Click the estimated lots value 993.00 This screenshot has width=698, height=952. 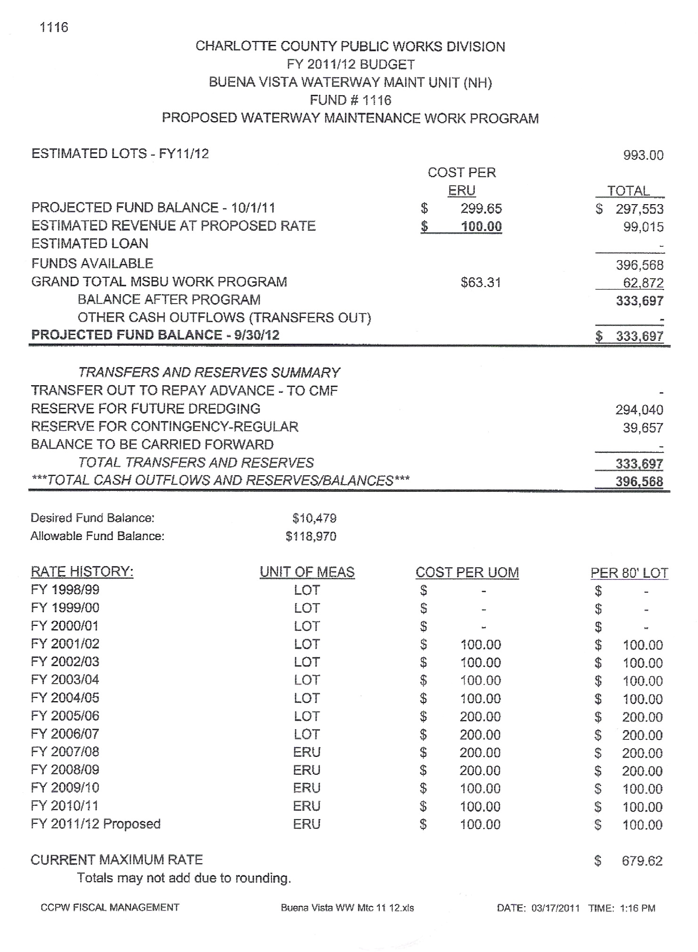[x=643, y=156]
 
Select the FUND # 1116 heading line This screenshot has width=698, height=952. [x=350, y=100]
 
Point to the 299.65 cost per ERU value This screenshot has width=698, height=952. [x=481, y=208]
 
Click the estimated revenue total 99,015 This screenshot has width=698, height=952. [x=643, y=227]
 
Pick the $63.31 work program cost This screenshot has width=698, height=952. [x=480, y=282]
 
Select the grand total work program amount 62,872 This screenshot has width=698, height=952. [x=643, y=283]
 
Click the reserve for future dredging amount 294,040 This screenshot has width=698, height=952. [x=639, y=410]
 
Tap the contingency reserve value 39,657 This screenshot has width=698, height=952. [x=643, y=428]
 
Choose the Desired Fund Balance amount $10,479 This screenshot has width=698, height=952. [x=314, y=518]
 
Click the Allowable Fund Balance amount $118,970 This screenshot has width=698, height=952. [x=311, y=536]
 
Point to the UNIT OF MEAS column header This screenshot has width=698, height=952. [x=307, y=572]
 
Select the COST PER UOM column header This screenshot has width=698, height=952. [x=467, y=572]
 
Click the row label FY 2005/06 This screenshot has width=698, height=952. [x=65, y=716]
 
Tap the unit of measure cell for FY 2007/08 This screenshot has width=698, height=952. [x=307, y=752]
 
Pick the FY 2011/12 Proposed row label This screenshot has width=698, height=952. [x=96, y=824]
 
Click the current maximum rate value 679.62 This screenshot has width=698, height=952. [x=642, y=861]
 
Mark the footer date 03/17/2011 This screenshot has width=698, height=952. [x=555, y=908]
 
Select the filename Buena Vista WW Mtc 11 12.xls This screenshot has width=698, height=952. [x=347, y=908]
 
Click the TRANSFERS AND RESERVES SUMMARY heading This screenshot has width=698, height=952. [x=209, y=373]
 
